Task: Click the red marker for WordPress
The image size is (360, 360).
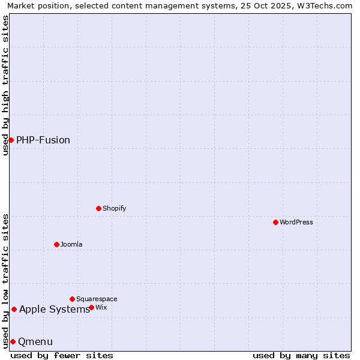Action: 275,222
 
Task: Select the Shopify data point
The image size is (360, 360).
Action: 98,208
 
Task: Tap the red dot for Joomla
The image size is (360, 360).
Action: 56,244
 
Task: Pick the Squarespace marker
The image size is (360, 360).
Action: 72,299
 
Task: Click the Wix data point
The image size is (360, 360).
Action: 91,307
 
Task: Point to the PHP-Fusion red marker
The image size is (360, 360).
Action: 11,140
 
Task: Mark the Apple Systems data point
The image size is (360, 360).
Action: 14,309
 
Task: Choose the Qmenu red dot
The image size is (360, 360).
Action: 13,341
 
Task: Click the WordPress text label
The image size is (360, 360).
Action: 296,223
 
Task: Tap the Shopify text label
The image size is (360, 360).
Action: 114,209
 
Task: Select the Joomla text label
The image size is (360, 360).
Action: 71,245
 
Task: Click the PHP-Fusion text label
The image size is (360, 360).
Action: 43,140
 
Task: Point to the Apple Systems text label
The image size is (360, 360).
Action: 55,310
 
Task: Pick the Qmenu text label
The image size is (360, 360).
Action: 35,342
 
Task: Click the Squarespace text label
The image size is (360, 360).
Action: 97,299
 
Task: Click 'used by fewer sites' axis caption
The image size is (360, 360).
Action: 62,355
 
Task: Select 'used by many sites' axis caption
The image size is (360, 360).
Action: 301,355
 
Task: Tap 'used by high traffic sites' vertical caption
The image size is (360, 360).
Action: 5,85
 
